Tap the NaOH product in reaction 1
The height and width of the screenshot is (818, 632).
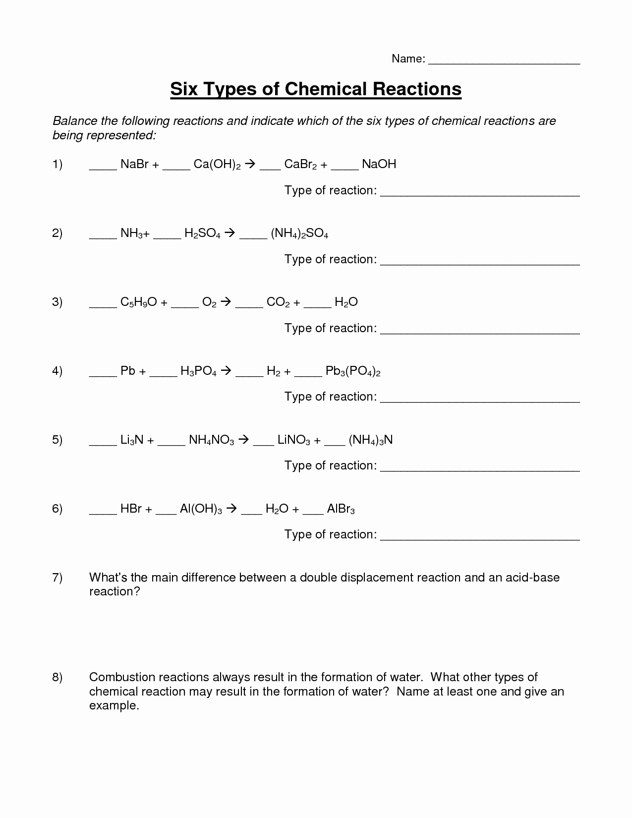click(x=379, y=165)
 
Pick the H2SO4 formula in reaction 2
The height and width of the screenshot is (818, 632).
click(x=202, y=234)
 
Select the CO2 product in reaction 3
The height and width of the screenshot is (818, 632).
click(x=278, y=302)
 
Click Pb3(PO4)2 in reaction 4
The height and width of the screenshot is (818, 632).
click(x=353, y=371)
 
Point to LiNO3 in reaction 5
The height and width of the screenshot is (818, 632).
click(x=294, y=440)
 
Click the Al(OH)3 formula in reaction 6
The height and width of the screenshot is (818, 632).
click(x=201, y=509)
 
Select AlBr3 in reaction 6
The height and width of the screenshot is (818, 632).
click(x=341, y=509)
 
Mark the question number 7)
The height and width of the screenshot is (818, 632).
click(x=57, y=578)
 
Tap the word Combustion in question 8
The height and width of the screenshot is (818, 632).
click(x=119, y=677)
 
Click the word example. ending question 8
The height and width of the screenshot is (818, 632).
click(x=114, y=706)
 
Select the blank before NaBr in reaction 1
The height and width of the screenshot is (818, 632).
click(x=103, y=168)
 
